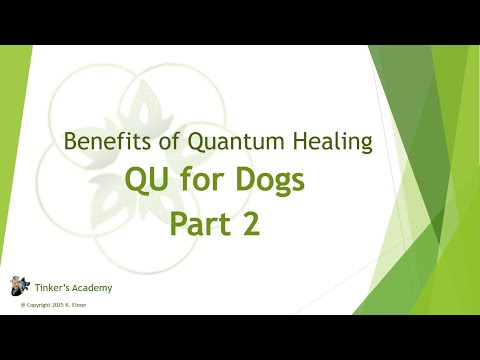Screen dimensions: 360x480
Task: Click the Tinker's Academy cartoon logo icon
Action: pyautogui.click(x=19, y=287)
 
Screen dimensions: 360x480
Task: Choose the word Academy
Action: pyautogui.click(x=91, y=288)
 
